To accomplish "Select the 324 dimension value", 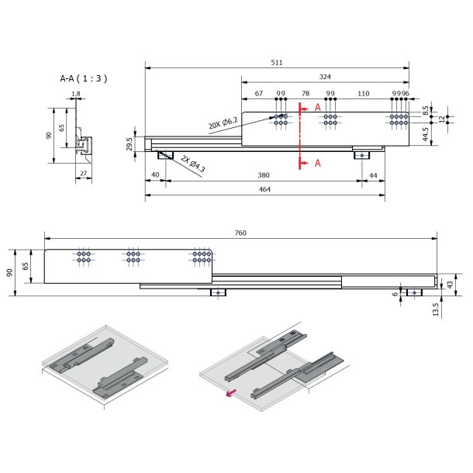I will click(325, 77).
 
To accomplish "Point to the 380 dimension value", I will click(263, 176).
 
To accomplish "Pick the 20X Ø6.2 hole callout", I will click(224, 123).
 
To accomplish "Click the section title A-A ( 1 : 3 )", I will click(83, 78).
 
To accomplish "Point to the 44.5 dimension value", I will click(426, 135).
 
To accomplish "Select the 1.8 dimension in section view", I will click(75, 95).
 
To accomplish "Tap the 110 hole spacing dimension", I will click(363, 93).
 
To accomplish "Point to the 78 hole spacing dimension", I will click(305, 93).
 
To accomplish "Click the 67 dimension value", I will click(259, 93).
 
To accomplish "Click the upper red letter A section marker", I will click(317, 108).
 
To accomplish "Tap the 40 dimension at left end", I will click(155, 176).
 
